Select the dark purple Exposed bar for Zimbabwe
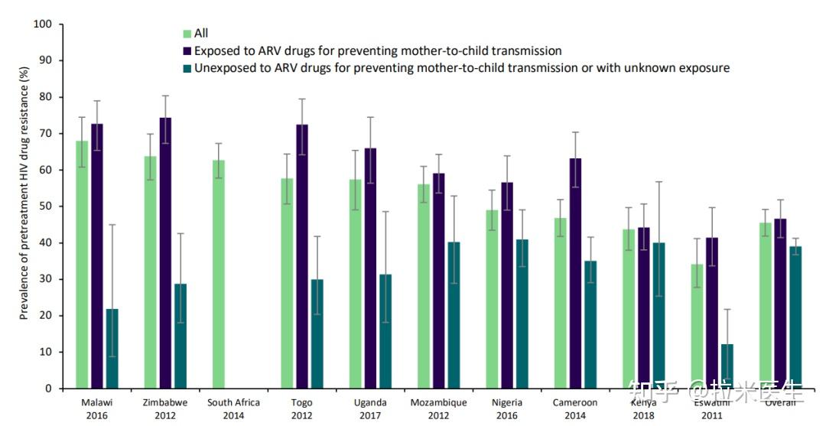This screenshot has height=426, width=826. [x=165, y=253]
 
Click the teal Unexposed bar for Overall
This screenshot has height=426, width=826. [x=795, y=317]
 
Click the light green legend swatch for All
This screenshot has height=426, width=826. [x=187, y=34]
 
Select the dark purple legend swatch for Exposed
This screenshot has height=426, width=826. [x=187, y=51]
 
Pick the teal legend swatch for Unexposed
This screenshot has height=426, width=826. [x=187, y=68]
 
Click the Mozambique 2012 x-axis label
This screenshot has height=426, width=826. [x=439, y=408]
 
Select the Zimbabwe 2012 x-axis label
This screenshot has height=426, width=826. [x=165, y=408]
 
